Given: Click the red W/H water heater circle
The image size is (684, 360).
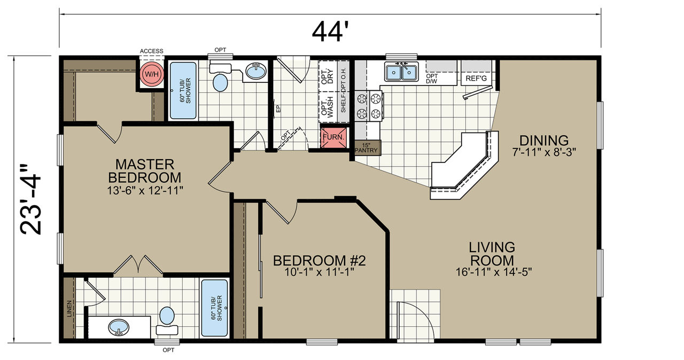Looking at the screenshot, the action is click(152, 74).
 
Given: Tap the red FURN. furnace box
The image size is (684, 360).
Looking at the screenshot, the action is click(334, 137).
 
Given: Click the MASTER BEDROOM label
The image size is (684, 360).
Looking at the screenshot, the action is click(145, 171).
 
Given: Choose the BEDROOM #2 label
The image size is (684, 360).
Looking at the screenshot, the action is click(319, 261).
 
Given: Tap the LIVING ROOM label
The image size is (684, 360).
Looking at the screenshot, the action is click(492, 254).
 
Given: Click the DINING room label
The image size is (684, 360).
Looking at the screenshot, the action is click(544, 140).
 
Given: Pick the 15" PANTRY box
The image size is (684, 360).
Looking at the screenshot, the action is click(367, 147).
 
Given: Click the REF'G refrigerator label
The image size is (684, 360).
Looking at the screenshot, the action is click(476, 79).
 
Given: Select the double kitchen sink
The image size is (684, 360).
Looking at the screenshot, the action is click(401, 72).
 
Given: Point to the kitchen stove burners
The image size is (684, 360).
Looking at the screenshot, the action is click(369, 106).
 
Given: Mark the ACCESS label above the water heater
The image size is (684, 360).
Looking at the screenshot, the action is click(151, 51).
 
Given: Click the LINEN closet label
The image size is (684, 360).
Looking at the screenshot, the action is click(69, 308).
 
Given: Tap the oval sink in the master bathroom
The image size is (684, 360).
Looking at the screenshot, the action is click(119, 327).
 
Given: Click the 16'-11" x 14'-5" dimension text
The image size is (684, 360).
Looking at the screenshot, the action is click(494, 272).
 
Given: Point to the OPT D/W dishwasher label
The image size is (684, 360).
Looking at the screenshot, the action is click(432, 79).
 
